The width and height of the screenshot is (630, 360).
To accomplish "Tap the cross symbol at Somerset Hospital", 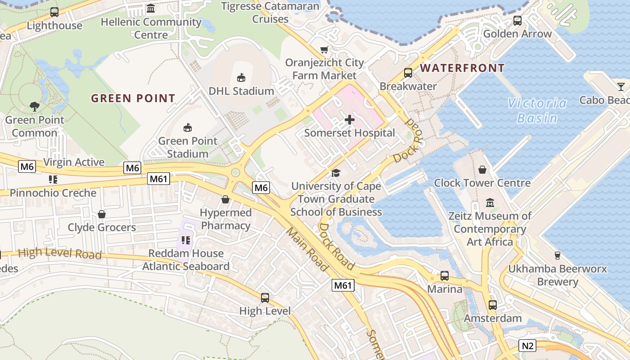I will point(349,120).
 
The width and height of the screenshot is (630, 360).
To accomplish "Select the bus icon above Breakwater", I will point(408,72).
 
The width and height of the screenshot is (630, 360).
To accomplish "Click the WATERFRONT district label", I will point(462,68).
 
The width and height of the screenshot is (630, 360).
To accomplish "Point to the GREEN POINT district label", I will point(133,98).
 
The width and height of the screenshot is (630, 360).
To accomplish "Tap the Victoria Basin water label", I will point(537,111).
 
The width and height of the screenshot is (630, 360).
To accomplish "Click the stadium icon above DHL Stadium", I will point(241,77).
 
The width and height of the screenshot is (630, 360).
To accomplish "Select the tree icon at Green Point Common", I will point(35,107).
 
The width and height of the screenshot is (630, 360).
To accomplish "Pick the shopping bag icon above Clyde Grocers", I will point(102,214).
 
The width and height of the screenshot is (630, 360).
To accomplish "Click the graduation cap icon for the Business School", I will point(336,173).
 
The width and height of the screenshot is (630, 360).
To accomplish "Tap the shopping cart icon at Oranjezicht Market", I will point(324,49).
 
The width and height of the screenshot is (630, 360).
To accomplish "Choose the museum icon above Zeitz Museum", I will point(490,202).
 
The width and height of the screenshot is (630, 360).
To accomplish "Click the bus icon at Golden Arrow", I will point(517,20).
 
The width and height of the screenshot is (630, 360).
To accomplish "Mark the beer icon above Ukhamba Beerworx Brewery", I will point(558,256).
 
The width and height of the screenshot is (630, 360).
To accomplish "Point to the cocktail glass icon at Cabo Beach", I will point(621,86).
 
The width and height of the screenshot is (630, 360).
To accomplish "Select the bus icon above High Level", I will point(265,297).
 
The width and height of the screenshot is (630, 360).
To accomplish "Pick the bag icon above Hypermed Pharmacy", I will point(225,199).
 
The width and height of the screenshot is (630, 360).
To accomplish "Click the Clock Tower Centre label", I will point(482,183).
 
